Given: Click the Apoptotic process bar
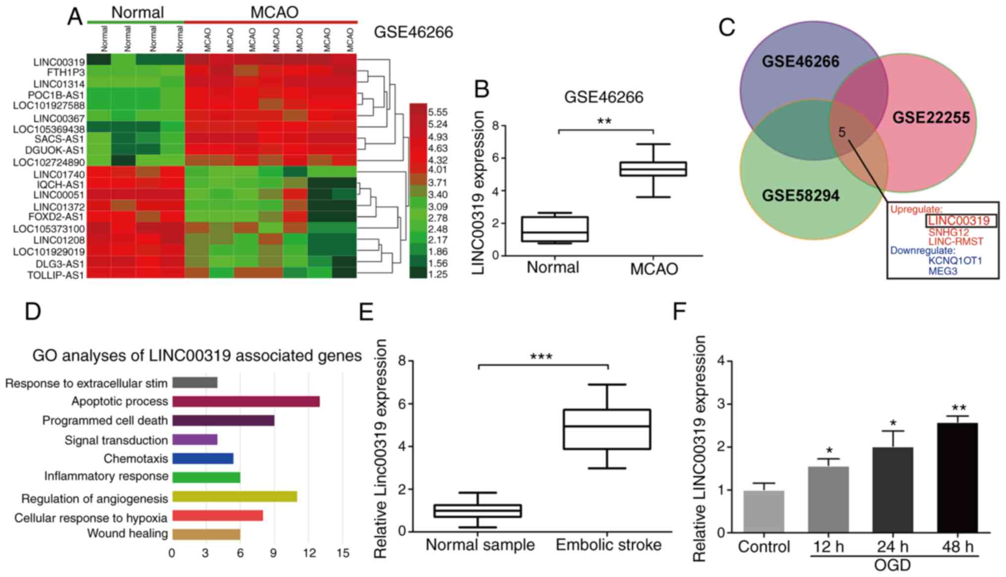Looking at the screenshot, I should pyautogui.click(x=246, y=401).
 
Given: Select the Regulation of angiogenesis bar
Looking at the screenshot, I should pyautogui.click(x=234, y=497).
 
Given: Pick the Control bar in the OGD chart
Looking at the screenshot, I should pyautogui.click(x=763, y=511).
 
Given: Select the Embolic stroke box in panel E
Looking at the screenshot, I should pyautogui.click(x=607, y=429).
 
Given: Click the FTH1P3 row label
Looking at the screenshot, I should pyautogui.click(x=66, y=73).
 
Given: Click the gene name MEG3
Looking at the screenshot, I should pyautogui.click(x=942, y=271).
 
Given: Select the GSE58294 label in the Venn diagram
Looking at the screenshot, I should pyautogui.click(x=800, y=196).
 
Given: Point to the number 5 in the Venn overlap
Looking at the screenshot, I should pyautogui.click(x=842, y=132).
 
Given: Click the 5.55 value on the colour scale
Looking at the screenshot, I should pyautogui.click(x=438, y=112).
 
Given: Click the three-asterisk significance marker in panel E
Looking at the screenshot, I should pyautogui.click(x=541, y=357).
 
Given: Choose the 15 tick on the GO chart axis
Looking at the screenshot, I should pyautogui.click(x=343, y=553).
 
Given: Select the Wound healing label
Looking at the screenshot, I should pyautogui.click(x=127, y=534).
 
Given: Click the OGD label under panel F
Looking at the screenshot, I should pyautogui.click(x=893, y=566).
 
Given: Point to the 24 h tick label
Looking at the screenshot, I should pyautogui.click(x=893, y=547).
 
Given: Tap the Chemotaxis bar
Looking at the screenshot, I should pyautogui.click(x=202, y=459).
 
